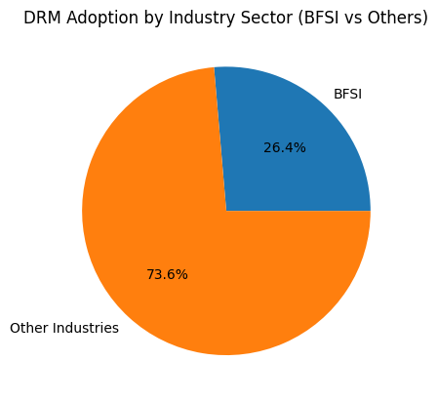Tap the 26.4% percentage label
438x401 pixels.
(x=284, y=147)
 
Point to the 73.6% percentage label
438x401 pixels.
(x=167, y=274)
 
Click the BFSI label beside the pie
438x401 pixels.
(x=348, y=94)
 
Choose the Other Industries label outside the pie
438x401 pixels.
(x=64, y=328)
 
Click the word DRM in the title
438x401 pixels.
(x=41, y=18)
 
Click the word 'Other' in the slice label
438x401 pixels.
(x=28, y=328)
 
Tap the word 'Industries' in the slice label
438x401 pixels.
(x=85, y=328)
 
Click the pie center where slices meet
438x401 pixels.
(x=226, y=211)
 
